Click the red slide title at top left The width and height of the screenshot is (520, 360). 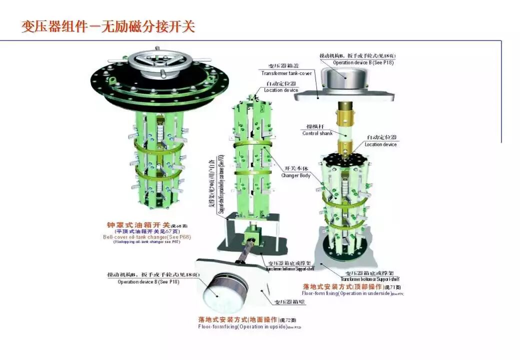107,26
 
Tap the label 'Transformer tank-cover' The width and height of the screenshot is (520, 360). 286,73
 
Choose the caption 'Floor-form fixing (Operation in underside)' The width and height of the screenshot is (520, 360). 347,293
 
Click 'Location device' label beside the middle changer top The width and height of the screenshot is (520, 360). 280,90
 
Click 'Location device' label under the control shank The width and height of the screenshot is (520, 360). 380,144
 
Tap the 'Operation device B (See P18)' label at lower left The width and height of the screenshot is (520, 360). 148,282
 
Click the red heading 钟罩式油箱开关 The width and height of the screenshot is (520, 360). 138,225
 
